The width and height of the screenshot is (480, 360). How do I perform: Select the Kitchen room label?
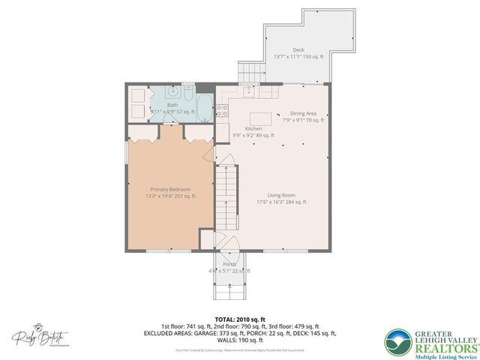tap(253, 129)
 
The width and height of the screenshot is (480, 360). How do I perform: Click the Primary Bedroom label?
tap(170, 189)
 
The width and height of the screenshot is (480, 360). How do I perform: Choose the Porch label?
tap(229, 265)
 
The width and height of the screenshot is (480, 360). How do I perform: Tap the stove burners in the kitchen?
tap(223, 111)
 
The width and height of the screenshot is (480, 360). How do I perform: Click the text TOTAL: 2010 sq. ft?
tap(239, 319)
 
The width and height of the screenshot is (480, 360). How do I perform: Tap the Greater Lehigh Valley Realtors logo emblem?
tap(398, 341)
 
